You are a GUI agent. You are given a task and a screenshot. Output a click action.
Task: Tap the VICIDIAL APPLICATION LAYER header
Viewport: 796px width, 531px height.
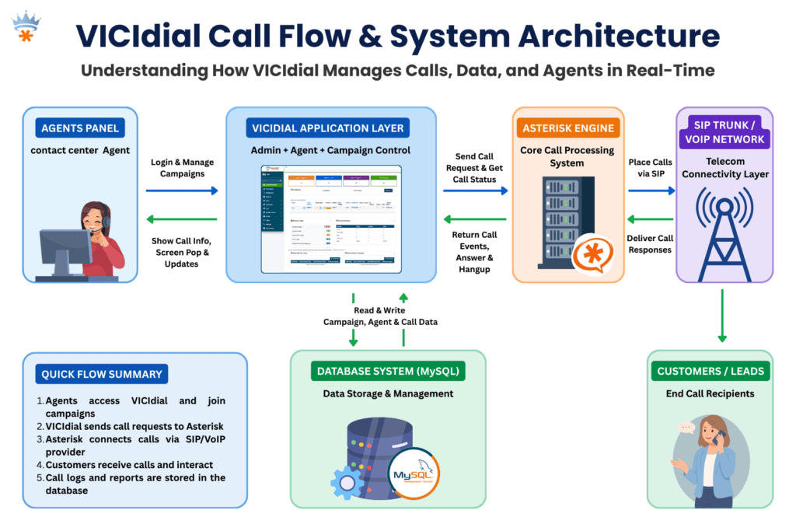327,128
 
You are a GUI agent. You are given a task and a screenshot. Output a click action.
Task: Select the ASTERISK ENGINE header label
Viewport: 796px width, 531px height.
567,128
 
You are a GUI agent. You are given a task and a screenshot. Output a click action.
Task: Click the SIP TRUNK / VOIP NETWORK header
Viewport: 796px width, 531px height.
724,132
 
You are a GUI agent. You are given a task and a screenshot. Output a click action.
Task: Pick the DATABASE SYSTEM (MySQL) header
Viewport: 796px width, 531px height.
388,372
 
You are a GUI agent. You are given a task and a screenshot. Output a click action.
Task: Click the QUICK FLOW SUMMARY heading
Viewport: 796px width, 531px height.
102,374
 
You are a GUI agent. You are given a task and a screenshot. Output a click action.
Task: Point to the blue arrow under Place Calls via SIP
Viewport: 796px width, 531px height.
651,190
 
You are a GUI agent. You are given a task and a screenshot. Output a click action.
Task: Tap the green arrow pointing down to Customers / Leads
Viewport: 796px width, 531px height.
722,315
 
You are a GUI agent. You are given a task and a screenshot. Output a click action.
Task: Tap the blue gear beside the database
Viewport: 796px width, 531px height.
347,483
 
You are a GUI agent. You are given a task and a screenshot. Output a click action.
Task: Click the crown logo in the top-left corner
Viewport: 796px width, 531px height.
26,26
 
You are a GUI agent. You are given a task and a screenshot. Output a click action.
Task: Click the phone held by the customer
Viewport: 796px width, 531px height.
721,438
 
